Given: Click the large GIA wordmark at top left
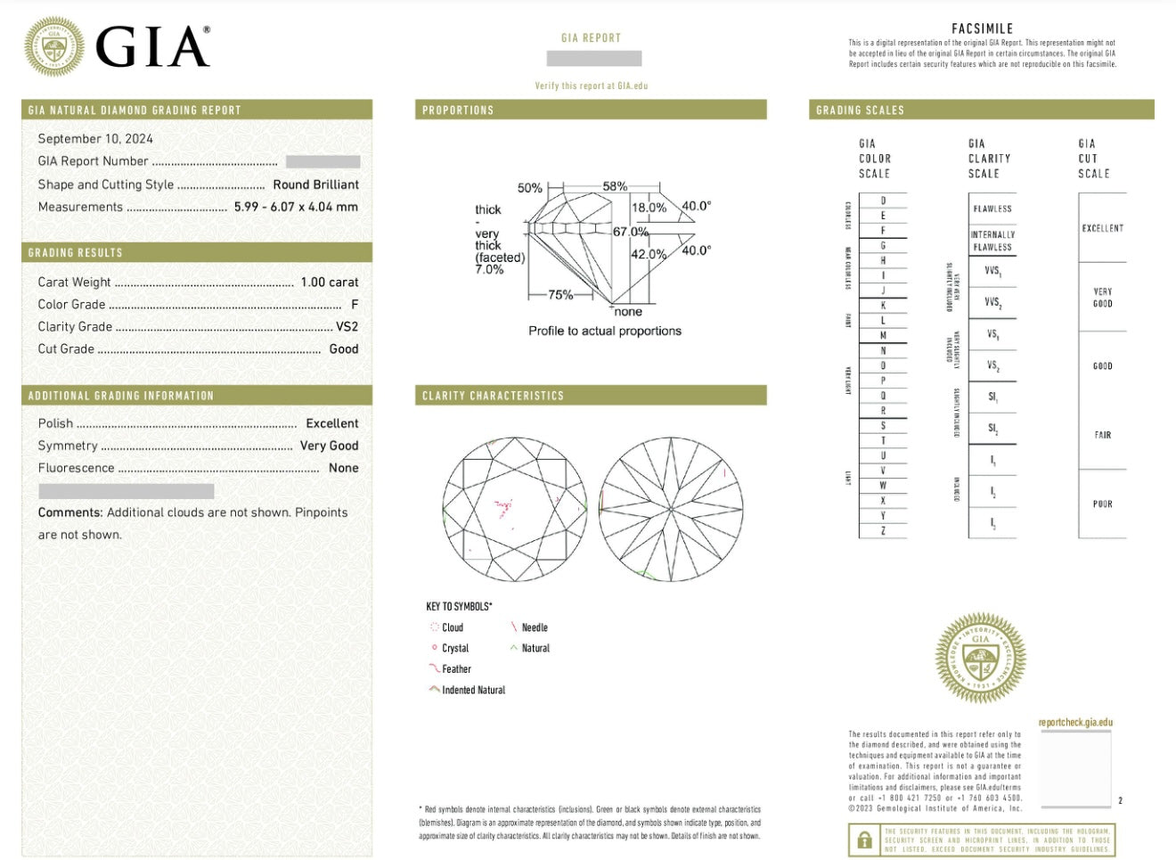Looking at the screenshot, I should click(152, 46).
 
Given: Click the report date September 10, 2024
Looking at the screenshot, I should click(95, 139).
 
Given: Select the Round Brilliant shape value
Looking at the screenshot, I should click(315, 184).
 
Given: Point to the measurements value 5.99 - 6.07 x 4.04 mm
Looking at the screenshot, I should click(296, 207).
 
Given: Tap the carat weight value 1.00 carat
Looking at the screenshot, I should click(329, 282).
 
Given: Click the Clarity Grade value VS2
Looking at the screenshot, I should click(347, 327).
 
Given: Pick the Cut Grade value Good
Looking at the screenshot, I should click(343, 349).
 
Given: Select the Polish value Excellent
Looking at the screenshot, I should click(331, 423).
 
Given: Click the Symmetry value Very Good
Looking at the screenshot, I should click(329, 446).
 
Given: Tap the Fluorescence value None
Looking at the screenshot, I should click(343, 468).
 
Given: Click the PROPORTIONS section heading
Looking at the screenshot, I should click(458, 111).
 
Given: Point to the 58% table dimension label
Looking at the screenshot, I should click(615, 186).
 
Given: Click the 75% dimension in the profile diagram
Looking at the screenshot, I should click(560, 295).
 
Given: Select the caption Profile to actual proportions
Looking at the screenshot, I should click(604, 331).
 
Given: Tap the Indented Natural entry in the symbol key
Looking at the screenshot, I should click(473, 690).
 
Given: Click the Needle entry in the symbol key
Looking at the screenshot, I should click(535, 627).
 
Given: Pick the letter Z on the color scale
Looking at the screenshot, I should click(883, 531).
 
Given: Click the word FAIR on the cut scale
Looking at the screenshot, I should click(1102, 435).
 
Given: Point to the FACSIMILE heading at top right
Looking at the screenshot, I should click(982, 29).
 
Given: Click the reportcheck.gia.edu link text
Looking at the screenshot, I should click(1075, 723).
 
